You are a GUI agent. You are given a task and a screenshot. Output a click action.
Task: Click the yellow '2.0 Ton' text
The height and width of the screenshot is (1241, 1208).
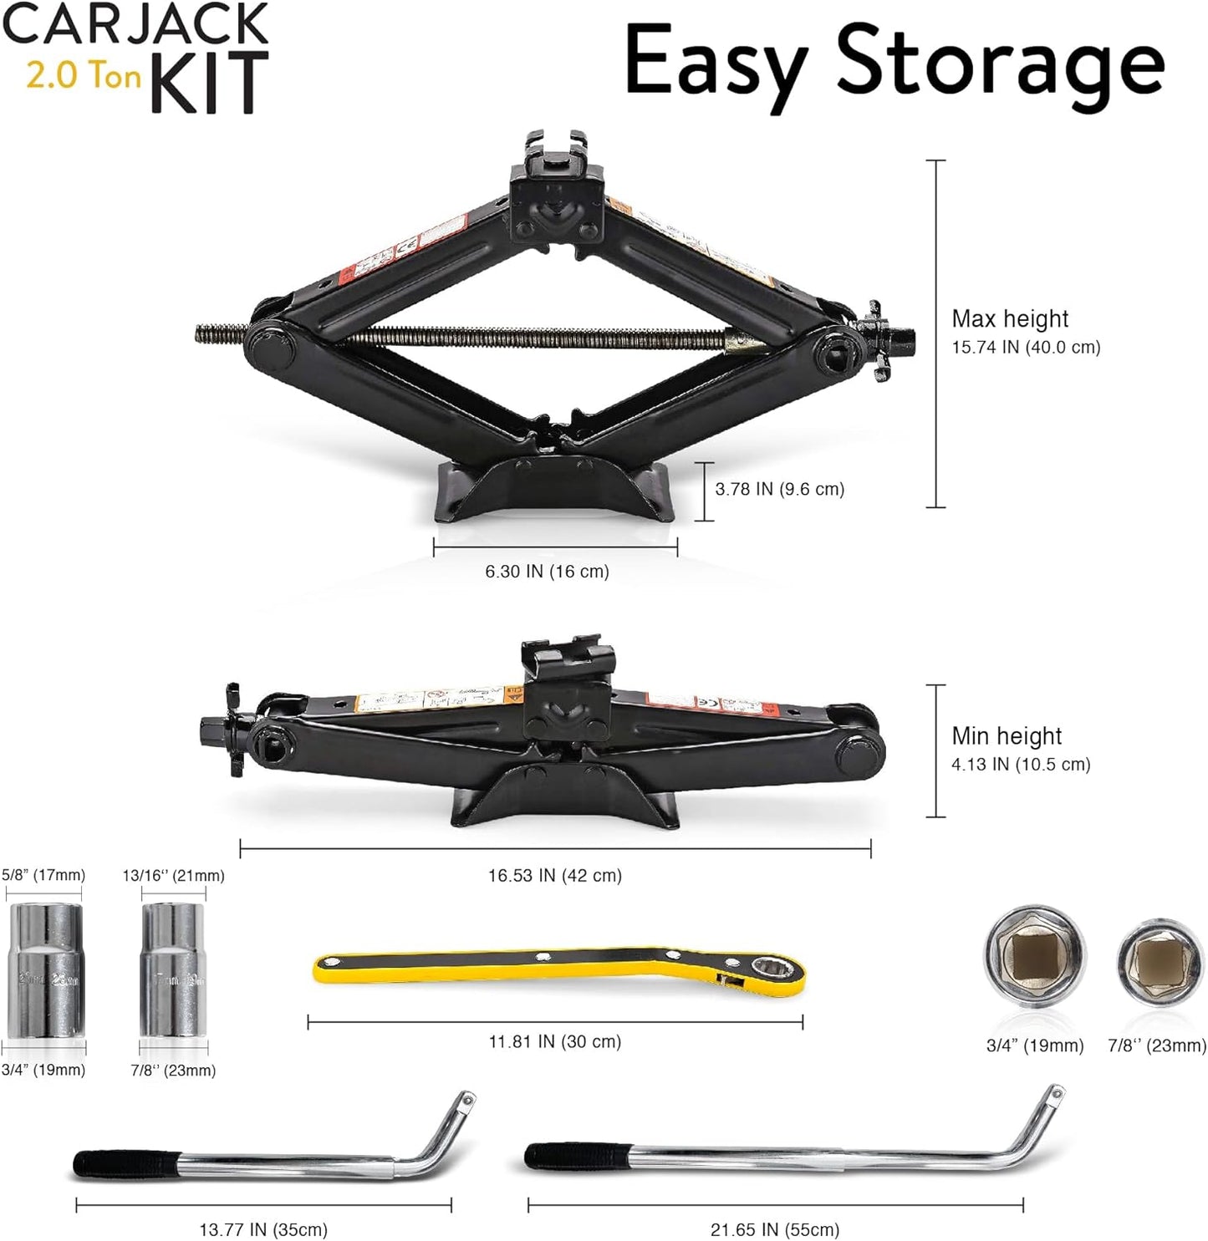(83, 76)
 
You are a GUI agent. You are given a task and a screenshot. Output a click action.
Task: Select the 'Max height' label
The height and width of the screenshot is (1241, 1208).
(1010, 318)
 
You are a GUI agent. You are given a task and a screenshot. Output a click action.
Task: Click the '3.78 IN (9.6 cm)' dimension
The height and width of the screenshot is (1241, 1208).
(779, 489)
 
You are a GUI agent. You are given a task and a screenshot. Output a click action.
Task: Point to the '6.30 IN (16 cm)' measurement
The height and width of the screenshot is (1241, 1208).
(547, 572)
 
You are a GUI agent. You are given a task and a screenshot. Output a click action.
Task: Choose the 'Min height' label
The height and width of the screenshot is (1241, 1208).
(1007, 735)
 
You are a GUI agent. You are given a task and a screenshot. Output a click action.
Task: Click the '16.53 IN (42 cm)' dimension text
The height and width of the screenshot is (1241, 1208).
(555, 876)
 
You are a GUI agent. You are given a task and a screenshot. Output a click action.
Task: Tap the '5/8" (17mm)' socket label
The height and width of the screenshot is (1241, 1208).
(43, 875)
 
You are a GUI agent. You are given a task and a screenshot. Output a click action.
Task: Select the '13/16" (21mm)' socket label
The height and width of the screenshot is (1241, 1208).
(174, 876)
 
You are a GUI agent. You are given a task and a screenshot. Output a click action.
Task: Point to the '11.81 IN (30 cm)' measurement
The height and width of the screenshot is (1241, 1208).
(555, 1041)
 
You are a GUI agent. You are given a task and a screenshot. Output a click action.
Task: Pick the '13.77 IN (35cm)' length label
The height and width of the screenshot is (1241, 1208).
(263, 1229)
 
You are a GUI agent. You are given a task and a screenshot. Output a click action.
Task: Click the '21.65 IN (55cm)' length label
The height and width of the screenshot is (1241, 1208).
(775, 1229)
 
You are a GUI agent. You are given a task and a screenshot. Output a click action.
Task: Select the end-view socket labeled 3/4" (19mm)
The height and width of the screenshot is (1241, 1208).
(1035, 955)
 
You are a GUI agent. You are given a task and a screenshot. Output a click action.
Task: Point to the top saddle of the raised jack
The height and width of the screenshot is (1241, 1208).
(557, 155)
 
